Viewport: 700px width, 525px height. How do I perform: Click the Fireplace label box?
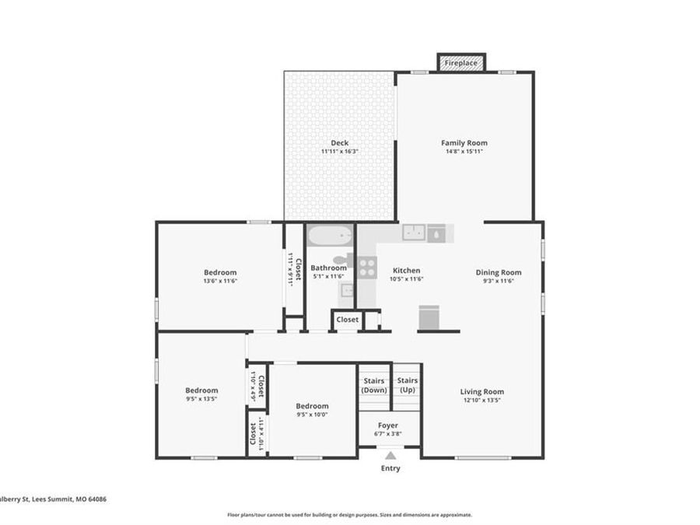coord(461,62)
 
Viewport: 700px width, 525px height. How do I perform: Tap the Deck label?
coord(339,143)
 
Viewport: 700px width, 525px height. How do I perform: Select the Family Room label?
coord(464,143)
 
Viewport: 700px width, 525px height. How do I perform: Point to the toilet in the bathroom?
coord(343,261)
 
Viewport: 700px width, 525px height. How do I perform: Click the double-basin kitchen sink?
coord(413,233)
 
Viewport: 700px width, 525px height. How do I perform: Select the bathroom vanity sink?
coord(347,291)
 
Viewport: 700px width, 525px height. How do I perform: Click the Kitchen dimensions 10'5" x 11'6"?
coord(406,279)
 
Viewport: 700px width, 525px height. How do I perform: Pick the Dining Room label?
coord(499,272)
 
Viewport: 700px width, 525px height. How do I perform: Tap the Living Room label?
coord(482,392)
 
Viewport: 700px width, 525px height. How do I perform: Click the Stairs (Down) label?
coord(374,385)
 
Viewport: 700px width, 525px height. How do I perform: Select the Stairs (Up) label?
coord(408,385)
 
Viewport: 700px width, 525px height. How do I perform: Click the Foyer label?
coord(388,425)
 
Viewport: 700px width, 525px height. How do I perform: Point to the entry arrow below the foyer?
coord(390,456)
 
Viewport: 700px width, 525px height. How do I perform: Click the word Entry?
coord(390,468)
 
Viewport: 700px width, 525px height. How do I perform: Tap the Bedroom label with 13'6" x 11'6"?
coord(220,272)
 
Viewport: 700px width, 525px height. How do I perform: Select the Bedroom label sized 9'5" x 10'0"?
coord(312,406)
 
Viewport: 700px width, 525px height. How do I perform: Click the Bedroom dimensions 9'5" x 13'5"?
coord(201,400)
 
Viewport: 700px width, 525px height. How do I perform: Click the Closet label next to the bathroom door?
coord(347,320)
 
